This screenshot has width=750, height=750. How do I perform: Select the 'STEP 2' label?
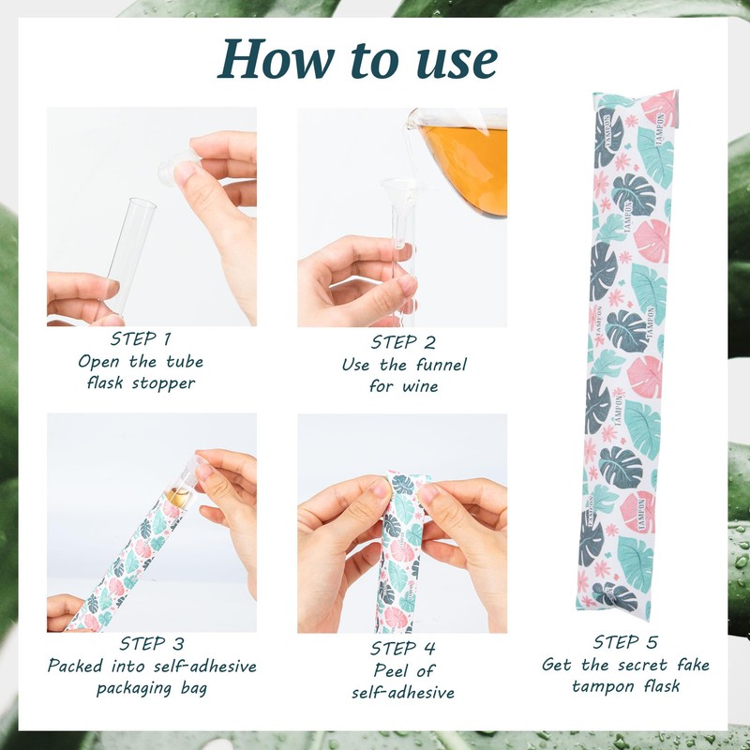[402, 342]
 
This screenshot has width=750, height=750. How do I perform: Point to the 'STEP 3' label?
[151, 644]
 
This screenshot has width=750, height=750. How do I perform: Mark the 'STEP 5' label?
[625, 642]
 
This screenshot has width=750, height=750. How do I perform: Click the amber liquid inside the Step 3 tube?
[175, 497]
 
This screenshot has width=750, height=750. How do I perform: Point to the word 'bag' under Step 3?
[189, 689]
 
